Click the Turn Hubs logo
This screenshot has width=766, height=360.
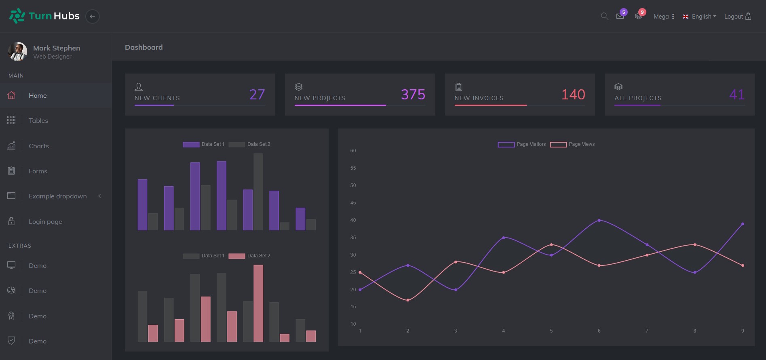[x=44, y=16]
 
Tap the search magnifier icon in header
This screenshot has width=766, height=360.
[x=604, y=16]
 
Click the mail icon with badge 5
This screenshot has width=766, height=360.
[x=620, y=16]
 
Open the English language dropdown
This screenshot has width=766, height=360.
[x=700, y=17]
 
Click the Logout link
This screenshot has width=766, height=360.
[x=737, y=17]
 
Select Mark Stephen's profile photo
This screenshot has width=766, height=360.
[x=17, y=52]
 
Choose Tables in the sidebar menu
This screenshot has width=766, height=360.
[x=38, y=121]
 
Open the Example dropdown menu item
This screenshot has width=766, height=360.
[x=58, y=196]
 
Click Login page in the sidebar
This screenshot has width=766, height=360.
[x=45, y=222]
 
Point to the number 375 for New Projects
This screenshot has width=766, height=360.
[x=413, y=95]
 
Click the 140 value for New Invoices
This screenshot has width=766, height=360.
[x=573, y=95]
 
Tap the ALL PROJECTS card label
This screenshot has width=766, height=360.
[x=638, y=98]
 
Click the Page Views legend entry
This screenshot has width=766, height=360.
[x=572, y=144]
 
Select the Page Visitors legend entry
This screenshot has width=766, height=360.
[x=522, y=144]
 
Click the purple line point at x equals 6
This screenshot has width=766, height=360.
[x=599, y=220]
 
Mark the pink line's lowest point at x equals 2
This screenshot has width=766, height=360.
[x=408, y=300]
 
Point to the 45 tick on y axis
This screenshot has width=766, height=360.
[x=353, y=203]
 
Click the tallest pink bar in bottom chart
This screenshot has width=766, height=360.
[x=258, y=303]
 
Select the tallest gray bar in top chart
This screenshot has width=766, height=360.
[x=258, y=192]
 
